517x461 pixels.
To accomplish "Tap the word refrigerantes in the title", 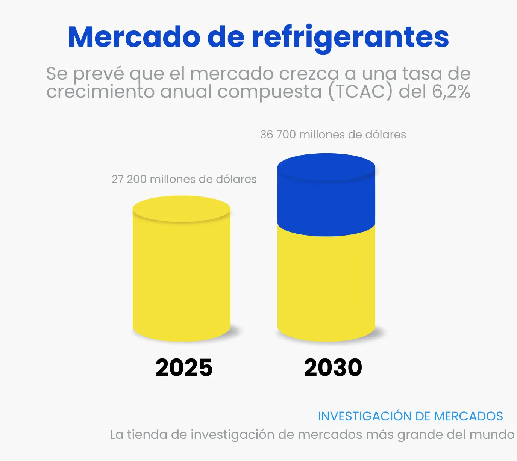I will [350, 38].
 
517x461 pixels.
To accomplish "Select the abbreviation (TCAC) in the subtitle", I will [360, 92].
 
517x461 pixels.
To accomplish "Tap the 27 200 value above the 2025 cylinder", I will [129, 179].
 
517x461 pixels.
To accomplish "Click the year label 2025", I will [184, 367].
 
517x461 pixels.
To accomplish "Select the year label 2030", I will [333, 367].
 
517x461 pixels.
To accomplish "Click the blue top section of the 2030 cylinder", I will [326, 199].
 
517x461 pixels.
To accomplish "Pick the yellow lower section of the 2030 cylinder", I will [326, 286].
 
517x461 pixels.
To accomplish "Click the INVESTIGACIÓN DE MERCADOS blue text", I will [410, 416].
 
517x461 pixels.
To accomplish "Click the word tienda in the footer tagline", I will [147, 435].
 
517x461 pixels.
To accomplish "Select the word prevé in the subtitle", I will [98, 74].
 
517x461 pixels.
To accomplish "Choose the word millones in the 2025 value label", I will [172, 179].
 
